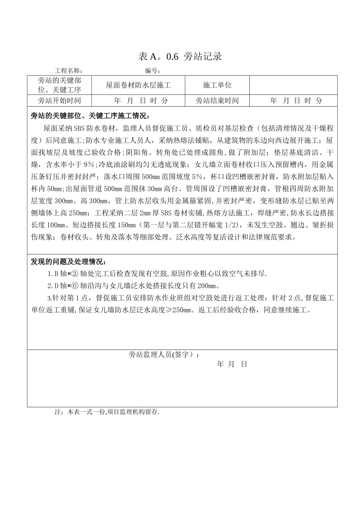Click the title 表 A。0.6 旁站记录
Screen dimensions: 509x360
(180, 57)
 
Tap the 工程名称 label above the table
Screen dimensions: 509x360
(69, 71)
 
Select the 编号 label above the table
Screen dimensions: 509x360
(153, 71)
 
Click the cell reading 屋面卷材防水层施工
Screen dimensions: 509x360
(138, 85)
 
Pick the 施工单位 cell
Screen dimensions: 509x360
(217, 85)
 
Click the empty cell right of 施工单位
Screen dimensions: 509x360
(293, 85)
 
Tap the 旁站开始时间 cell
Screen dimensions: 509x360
(59, 101)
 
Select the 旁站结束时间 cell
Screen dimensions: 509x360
(217, 101)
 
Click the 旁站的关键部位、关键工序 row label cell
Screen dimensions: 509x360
(59, 85)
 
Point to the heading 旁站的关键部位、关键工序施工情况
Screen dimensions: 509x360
(90, 116)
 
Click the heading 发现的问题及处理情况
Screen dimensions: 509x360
(69, 262)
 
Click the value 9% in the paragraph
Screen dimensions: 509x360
(88, 165)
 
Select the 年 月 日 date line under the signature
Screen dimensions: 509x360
(232, 364)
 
